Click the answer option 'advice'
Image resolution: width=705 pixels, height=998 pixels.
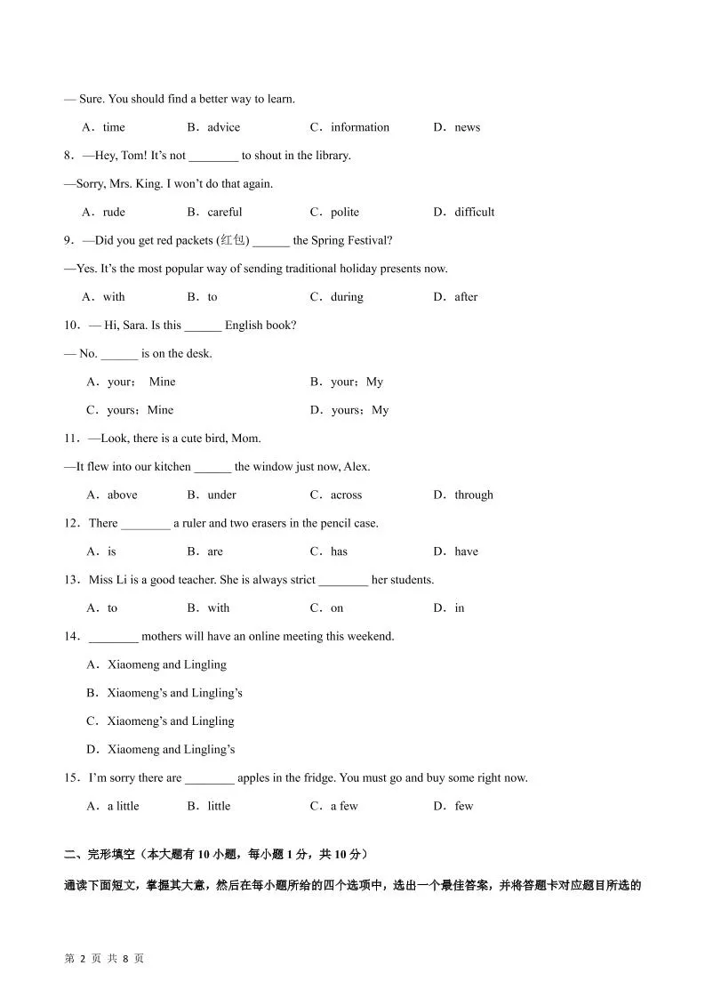click(223, 127)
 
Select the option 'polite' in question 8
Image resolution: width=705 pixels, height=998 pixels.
click(345, 212)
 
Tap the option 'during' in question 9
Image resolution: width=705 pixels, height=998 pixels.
click(347, 297)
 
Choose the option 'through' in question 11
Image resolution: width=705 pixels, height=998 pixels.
click(473, 495)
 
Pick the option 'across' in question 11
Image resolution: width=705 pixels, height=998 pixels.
click(346, 495)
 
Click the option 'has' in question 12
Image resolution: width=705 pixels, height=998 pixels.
click(339, 551)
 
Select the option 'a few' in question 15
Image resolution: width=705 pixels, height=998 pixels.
click(344, 806)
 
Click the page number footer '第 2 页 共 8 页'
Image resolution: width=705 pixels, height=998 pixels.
click(104, 959)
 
